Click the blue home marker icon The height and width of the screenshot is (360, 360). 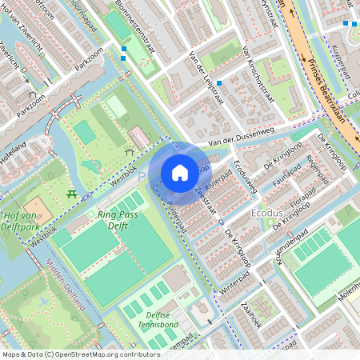[x=180, y=172]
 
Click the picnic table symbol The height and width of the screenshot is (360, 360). [x=73, y=193]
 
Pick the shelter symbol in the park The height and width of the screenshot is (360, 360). [x=130, y=151]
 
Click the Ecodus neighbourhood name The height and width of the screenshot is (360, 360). [x=267, y=214]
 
